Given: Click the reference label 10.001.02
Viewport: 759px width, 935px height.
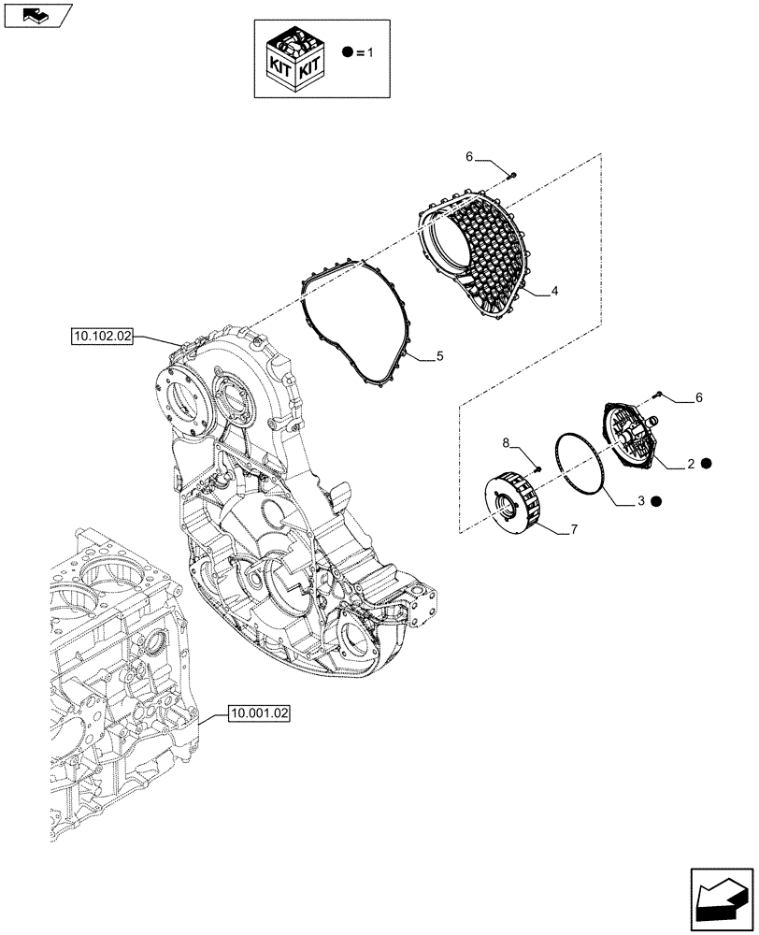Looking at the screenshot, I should pyautogui.click(x=259, y=713).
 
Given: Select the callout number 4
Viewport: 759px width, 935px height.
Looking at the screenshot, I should pyautogui.click(x=554, y=292).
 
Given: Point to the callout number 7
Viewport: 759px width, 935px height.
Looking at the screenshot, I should pyautogui.click(x=573, y=530).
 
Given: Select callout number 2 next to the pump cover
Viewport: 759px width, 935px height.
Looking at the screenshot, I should pyautogui.click(x=690, y=462).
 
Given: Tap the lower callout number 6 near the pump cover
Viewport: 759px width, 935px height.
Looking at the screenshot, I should pyautogui.click(x=698, y=398).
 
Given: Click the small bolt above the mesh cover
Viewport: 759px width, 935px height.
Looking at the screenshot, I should pyautogui.click(x=512, y=175).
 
